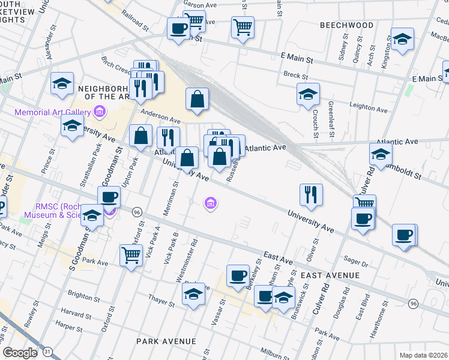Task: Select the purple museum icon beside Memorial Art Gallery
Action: [100, 112]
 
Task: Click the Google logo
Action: [20, 353]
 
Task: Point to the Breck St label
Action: [295, 76]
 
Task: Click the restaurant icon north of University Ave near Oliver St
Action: [311, 193]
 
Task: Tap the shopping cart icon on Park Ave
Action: [131, 255]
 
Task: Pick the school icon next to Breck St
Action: [308, 94]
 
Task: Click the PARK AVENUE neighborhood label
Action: [166, 341]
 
